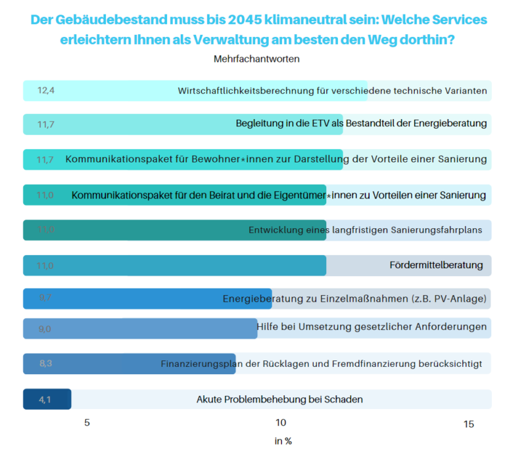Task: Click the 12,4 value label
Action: point(45,91)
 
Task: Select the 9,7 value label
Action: point(45,299)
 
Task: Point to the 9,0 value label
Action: point(45,329)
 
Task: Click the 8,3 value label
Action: point(45,364)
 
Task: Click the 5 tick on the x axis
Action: point(87,423)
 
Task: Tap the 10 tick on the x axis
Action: point(280,423)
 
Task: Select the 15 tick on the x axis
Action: point(468,424)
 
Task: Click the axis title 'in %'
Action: point(283,441)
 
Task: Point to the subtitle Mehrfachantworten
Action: point(256,59)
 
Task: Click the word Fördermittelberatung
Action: point(436,266)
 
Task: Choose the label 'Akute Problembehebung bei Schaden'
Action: point(279,399)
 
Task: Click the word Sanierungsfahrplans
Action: point(435,230)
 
